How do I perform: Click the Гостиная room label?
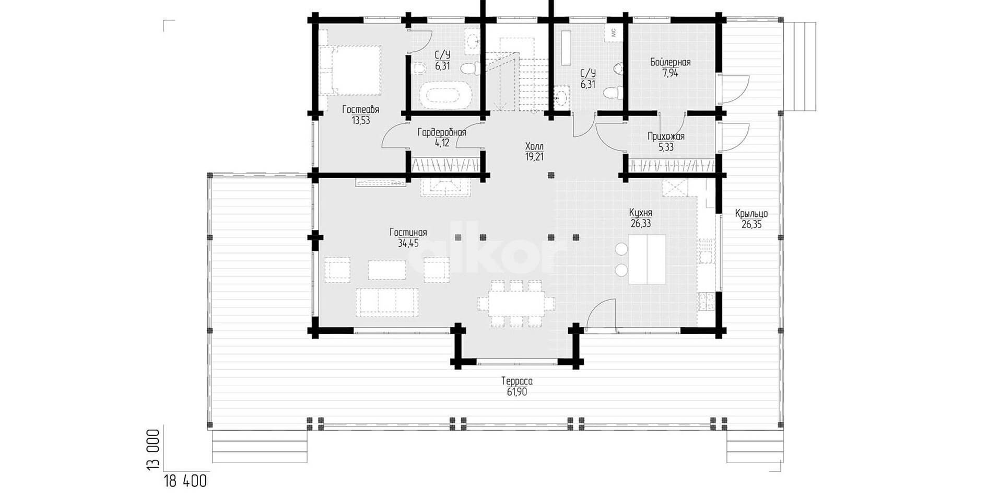click(x=408, y=233)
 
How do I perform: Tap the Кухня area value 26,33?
click(x=641, y=224)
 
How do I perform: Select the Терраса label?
click(x=516, y=381)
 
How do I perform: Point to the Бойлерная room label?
click(x=670, y=63)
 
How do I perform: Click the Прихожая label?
click(x=666, y=136)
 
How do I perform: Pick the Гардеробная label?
click(x=442, y=132)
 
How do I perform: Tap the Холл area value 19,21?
click(x=534, y=156)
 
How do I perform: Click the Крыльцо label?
click(x=751, y=214)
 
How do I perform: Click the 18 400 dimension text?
click(x=185, y=481)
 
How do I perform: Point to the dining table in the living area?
click(x=516, y=303)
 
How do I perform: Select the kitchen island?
click(x=647, y=259)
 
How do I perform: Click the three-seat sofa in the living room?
click(x=386, y=302)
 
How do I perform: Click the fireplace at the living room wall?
click(x=446, y=186)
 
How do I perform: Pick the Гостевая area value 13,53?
click(x=361, y=120)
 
